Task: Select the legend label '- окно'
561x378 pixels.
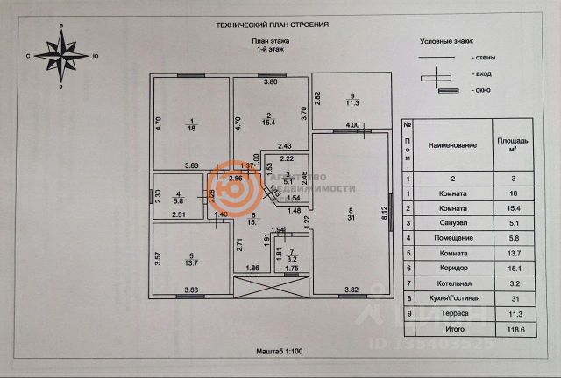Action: coord(479,90)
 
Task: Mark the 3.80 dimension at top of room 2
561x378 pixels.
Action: coord(271,82)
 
